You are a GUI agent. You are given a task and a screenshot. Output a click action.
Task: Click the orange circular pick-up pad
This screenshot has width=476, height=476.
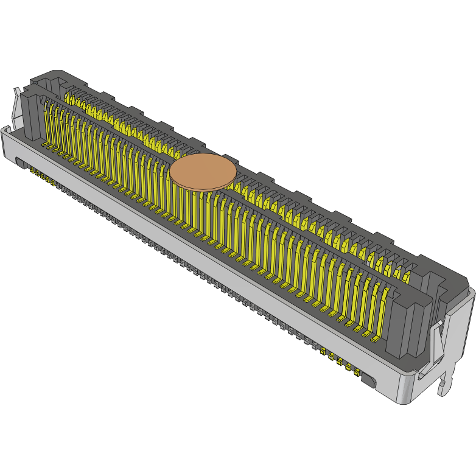(202, 172)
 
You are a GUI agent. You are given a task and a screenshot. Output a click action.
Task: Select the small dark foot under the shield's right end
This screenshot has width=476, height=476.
(369, 381)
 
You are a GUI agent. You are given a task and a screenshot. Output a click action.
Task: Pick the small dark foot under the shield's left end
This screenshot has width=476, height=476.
(19, 163)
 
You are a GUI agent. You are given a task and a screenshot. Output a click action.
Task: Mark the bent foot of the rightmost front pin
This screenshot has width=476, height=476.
(377, 336)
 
